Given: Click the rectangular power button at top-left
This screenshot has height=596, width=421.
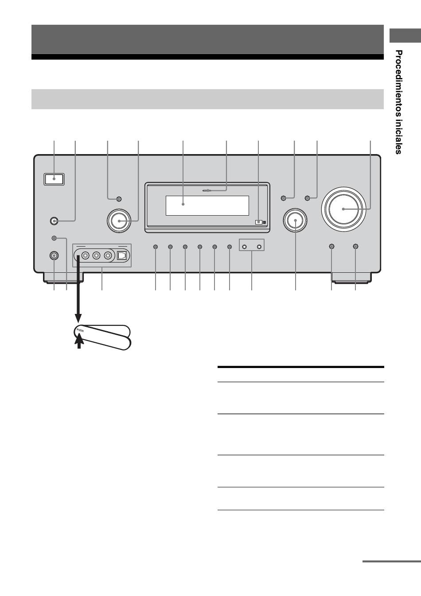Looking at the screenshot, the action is click(x=54, y=179).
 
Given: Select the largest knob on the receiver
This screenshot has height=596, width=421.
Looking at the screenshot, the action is click(x=343, y=209).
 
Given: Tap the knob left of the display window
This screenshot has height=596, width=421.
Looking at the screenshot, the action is click(x=119, y=221).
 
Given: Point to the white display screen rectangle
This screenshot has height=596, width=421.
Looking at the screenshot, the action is click(x=207, y=205).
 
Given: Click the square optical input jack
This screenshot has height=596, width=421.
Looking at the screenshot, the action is click(x=122, y=255).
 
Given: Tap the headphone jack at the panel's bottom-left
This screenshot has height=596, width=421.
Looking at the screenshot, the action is click(x=54, y=255).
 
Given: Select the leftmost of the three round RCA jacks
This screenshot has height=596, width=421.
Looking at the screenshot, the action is click(x=85, y=255).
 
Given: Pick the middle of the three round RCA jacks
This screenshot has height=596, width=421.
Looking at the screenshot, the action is click(x=96, y=255).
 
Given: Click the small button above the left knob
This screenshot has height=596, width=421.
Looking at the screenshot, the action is click(x=119, y=199).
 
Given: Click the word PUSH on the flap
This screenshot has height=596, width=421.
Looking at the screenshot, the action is click(x=80, y=330).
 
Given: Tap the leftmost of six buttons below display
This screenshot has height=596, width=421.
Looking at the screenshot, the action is click(x=156, y=247).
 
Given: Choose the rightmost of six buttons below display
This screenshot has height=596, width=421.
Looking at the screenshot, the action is click(x=230, y=247).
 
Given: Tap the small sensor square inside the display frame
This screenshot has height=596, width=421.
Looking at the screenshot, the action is click(x=258, y=222).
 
